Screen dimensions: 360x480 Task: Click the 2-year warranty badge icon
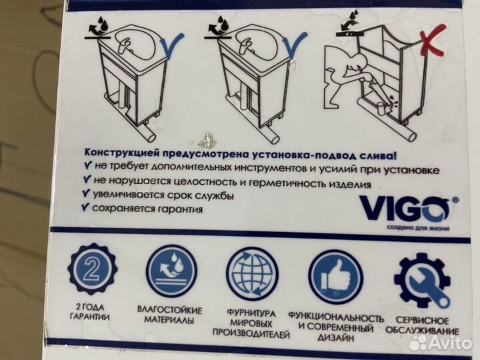(93, 269)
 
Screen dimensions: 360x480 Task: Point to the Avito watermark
(440, 342)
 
